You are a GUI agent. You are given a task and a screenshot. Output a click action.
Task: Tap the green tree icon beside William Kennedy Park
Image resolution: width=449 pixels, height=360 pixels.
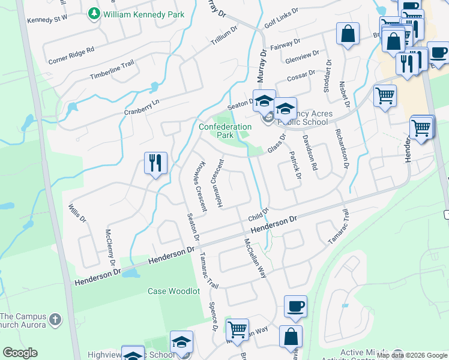pos(94,13)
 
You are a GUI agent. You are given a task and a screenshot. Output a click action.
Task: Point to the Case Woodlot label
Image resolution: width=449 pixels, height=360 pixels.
pos(173,291)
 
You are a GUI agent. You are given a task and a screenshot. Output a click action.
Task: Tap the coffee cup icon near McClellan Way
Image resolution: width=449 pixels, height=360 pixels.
pos(295,306)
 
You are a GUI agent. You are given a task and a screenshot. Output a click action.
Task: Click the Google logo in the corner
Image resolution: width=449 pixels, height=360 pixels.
pos(20,353)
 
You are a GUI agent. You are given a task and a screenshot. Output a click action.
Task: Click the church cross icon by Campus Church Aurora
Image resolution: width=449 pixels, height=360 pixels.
pos(55,319)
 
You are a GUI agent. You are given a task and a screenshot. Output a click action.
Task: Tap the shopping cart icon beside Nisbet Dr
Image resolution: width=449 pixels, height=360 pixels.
pos(385,95)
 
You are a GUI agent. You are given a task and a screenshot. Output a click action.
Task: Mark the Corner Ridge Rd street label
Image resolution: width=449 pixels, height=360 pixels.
pos(71,55)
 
